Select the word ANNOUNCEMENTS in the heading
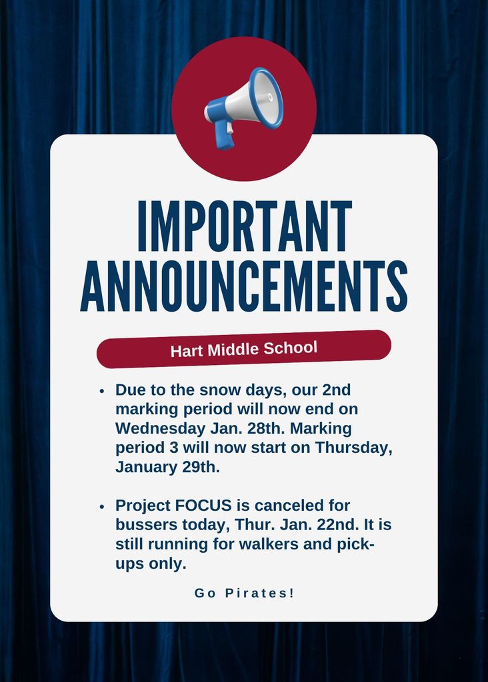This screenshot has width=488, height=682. click(x=244, y=286)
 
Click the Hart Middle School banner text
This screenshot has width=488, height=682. click(x=244, y=349)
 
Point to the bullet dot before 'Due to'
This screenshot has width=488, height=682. click(x=102, y=391)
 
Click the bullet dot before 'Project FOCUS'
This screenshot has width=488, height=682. click(x=102, y=507)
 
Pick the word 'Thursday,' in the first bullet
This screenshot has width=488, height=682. click(x=353, y=447)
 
